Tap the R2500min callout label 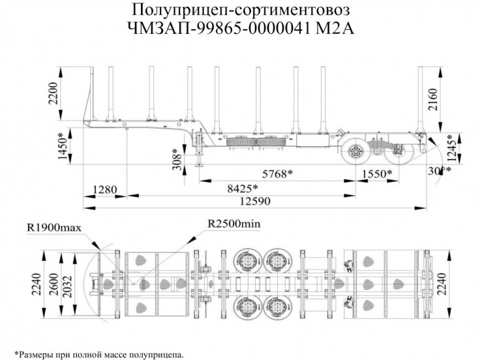(233, 224)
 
